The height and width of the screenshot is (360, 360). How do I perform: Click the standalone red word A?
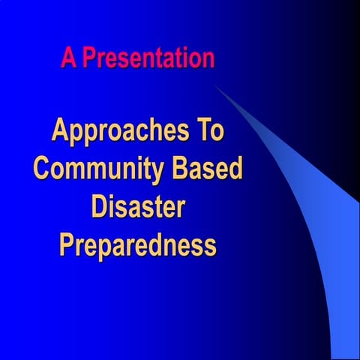point(69,58)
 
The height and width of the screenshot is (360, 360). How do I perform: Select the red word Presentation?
point(148,58)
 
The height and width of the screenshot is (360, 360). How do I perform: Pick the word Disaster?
point(138,206)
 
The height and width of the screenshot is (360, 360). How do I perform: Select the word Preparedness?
point(138,245)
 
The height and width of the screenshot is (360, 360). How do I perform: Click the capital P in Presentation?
point(88,58)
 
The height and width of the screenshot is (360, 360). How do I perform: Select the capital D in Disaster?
point(99,206)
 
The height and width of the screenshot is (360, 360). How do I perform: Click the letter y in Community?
point(159,172)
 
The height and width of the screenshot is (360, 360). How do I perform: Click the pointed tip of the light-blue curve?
point(216,85)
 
